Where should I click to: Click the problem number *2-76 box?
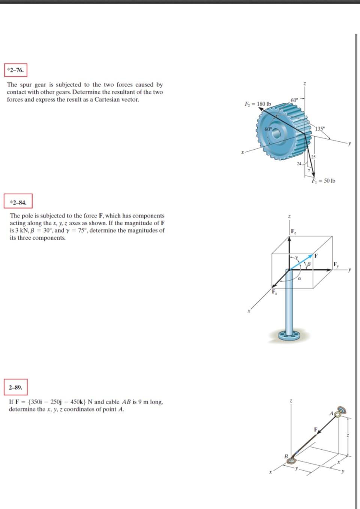pos(16,70)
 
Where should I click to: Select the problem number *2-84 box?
pos(18,203)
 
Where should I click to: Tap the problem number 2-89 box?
pos(16,387)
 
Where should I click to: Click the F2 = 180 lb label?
pos(258,104)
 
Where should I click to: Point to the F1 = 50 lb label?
pos(323,181)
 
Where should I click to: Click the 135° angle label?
pos(319,129)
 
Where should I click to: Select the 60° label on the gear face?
pos(268,129)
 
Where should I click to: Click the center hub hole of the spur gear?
pos(277,133)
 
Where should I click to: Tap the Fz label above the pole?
pos(293,231)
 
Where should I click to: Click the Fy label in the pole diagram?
pos(336,264)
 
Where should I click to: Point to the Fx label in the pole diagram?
pos(274,292)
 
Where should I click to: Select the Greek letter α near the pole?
pos(299,279)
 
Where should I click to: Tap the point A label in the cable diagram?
pos(331,414)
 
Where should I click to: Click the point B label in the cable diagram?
pos(286,456)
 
